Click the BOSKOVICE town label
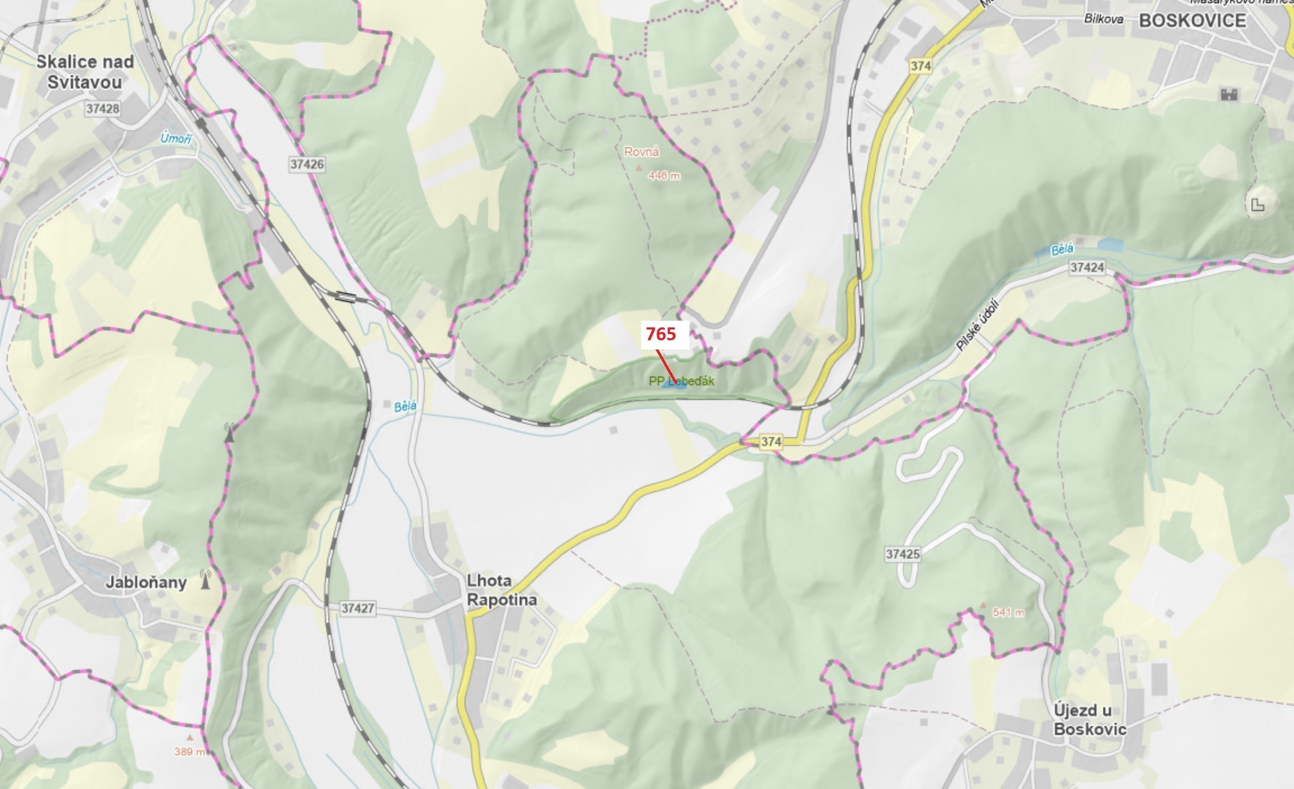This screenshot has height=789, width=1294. coord(1192,21)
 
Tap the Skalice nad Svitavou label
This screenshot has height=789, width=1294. coord(85,72)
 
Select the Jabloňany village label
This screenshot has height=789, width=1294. coord(146,582)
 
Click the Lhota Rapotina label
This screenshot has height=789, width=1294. coord(502,590)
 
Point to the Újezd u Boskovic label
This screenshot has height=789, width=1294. coord(1090,720)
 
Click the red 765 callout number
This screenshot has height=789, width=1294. coord(661,334)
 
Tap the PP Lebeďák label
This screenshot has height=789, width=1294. coord(681,381)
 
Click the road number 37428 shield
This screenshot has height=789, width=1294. coord(103,108)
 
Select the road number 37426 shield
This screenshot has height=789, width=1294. coord(307,164)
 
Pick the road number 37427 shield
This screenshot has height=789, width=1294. coord(358,609)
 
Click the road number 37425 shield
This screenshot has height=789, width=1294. coord(902,554)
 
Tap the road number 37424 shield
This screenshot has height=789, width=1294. coord(1087,268)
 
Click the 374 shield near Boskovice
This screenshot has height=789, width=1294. coord(921,66)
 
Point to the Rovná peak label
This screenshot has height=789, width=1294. coord(641,152)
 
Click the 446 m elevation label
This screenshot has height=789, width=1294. coord(664,176)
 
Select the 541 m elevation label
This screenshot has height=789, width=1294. coord(1008,613)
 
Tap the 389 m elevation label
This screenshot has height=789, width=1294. coord(189,751)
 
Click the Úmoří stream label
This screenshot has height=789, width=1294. coord(176,139)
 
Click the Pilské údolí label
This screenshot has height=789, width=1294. coord(977,325)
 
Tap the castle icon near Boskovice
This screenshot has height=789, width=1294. coord(1229,95)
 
